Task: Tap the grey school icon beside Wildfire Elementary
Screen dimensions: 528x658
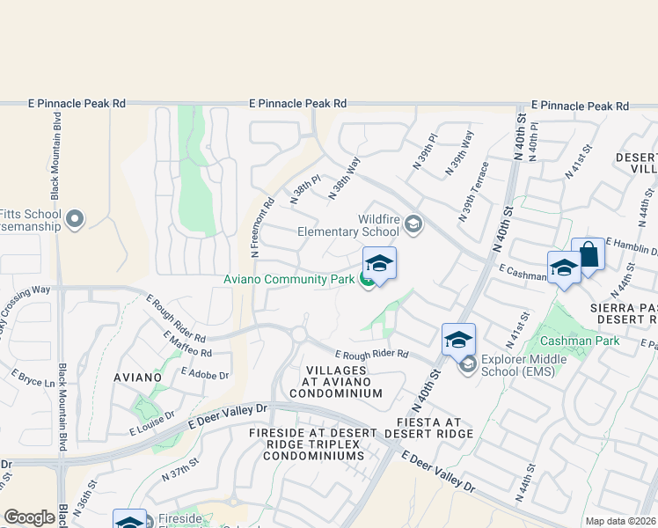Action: pos(413,226)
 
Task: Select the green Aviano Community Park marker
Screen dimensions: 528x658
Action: pos(368,280)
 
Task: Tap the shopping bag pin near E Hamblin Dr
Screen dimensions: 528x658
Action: pos(588,255)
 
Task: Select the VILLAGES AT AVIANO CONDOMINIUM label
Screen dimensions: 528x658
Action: pos(344,381)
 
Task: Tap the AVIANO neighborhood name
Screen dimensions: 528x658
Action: pos(138,377)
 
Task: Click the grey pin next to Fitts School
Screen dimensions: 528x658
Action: pos(75,218)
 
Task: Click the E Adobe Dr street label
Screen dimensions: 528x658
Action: pos(204,373)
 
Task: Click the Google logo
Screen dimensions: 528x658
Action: pos(29,517)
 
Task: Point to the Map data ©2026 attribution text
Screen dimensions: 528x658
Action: pos(620,521)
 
